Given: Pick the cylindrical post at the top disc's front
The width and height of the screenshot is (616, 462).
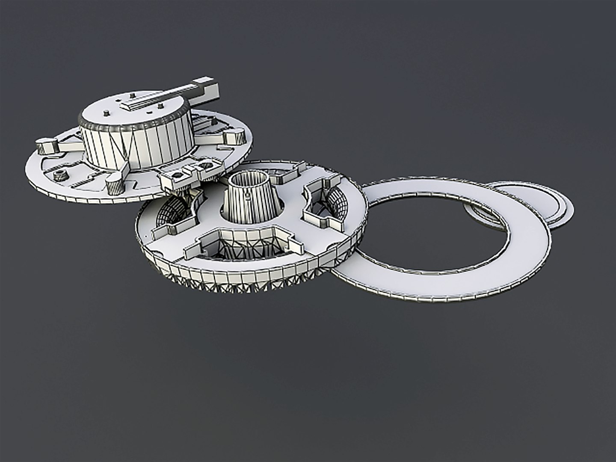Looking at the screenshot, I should coord(114,185).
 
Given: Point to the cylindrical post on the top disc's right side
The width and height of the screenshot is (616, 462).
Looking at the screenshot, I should coord(235,136).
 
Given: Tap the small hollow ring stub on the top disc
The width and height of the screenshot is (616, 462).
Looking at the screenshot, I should coord(60,175).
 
